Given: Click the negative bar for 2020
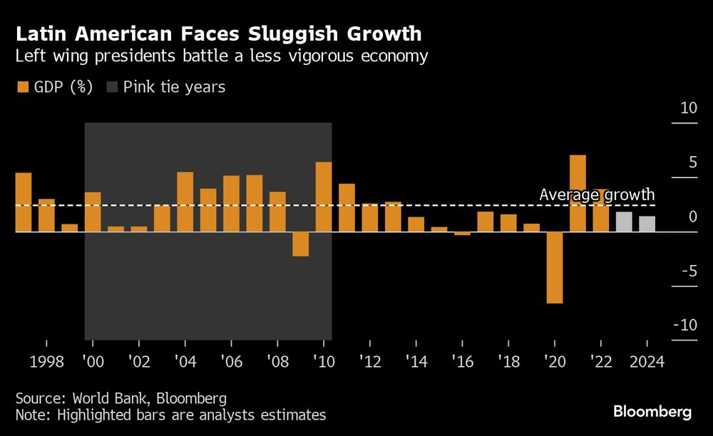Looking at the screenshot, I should (555, 267).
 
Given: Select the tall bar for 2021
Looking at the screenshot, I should (578, 193).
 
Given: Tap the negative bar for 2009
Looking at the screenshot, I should (300, 244).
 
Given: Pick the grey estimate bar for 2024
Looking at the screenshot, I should (647, 224).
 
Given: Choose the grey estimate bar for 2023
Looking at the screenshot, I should (624, 222).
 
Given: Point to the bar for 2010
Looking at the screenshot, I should (323, 197).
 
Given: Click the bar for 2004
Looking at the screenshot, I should (185, 202).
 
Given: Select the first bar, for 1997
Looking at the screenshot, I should (24, 202).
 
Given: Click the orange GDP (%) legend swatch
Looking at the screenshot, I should (22, 88).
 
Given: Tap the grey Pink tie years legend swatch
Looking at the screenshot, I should (112, 88).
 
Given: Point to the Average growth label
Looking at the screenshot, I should (597, 194).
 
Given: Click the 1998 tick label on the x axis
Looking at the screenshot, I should (46, 361).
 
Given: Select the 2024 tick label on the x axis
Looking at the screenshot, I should (646, 361).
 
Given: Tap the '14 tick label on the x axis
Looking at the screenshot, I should (416, 361).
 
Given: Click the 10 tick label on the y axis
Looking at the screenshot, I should (688, 109).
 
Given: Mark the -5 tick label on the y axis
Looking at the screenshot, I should (687, 271).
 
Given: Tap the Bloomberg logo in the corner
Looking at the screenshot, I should (652, 412).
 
